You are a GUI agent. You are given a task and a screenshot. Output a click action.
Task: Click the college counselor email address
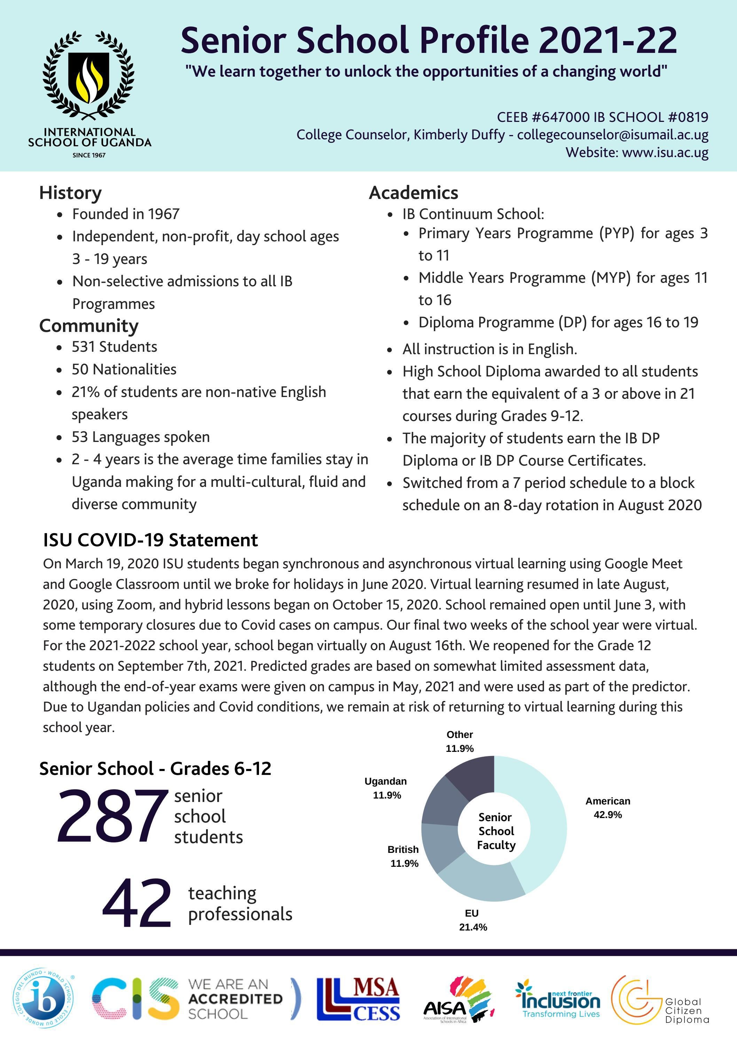(613, 134)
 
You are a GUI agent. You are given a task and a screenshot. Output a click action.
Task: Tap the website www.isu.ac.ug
(665, 152)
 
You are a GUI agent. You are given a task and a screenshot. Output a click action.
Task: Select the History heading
(70, 193)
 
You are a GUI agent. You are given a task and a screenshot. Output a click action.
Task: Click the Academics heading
(413, 193)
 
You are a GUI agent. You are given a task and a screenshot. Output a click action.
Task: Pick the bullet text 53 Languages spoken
(141, 437)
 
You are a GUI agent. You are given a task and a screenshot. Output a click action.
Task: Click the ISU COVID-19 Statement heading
(150, 540)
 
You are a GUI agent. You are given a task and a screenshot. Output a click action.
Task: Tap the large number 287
(110, 816)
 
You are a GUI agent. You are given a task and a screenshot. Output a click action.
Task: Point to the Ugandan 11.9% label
(386, 788)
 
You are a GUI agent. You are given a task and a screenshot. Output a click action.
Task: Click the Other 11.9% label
(460, 741)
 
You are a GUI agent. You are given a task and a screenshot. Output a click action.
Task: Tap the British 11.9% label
(403, 856)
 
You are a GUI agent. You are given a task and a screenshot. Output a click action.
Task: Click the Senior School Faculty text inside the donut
(496, 831)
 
